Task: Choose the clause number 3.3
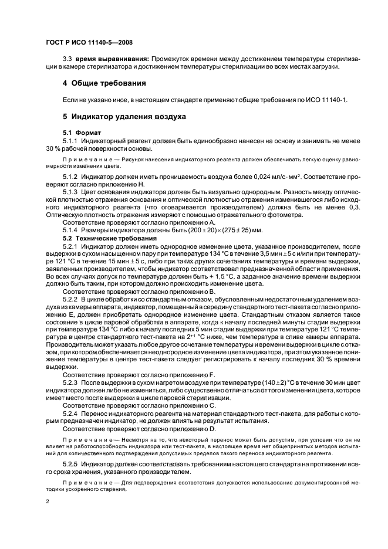(67, 59)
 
